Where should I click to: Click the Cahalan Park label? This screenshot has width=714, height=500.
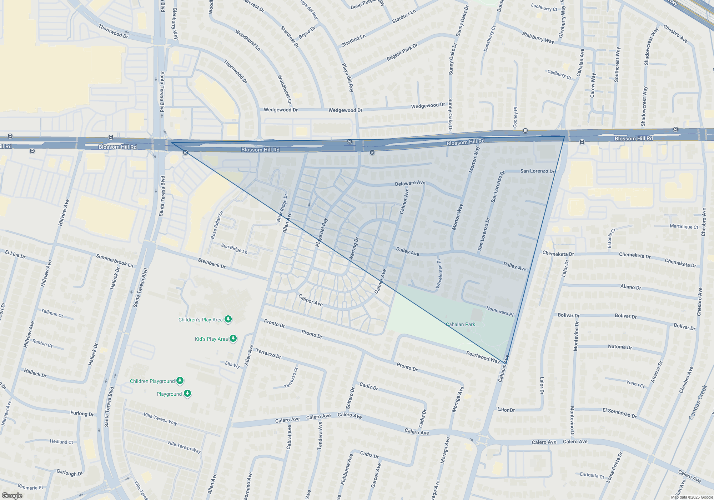pos(460,324)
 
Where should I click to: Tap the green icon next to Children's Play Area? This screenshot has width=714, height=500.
pos(228,319)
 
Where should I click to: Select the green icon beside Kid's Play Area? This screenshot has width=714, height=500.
pos(233,338)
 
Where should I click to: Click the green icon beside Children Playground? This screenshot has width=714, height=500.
pos(180,381)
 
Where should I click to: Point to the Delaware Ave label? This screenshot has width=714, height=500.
pos(410,183)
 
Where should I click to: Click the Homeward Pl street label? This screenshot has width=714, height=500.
pos(500,311)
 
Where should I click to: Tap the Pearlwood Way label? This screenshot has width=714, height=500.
pos(483,357)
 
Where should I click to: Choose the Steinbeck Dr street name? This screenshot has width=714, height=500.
pos(212,264)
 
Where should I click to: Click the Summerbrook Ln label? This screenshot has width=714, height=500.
pos(114,261)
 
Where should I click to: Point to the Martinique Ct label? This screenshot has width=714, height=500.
pos(684,226)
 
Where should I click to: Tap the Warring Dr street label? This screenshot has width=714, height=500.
pos(353,248)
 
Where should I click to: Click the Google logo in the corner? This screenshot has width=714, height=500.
pos(12,495)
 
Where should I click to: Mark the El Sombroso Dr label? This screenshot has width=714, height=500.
pos(619,413)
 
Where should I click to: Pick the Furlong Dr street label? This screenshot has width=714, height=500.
pos(82,413)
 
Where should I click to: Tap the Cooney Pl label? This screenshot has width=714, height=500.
pos(515,117)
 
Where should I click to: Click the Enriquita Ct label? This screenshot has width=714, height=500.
pos(592,475)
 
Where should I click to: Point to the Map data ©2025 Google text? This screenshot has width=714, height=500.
pos(692,497)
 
